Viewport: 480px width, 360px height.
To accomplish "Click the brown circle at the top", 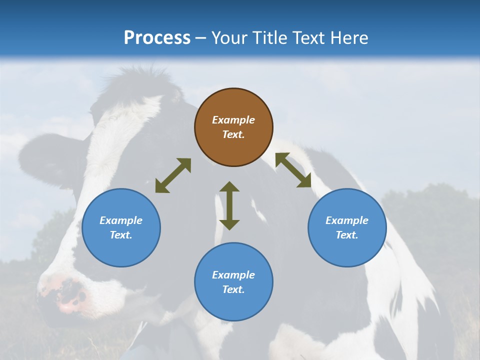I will coord(233,127).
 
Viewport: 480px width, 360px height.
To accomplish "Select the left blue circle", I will coord(121,227).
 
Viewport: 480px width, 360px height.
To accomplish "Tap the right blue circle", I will coord(347,227).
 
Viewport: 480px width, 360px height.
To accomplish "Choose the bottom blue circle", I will coord(233,282).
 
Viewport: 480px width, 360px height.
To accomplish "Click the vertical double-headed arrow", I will coord(229,205).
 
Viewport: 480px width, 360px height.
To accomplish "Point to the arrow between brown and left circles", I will coord(173,175).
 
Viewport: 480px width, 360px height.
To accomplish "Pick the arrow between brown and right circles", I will coord(293,170).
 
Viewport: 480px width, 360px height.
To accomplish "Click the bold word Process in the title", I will coord(157,37).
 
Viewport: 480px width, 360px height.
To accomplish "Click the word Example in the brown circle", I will coord(233,120).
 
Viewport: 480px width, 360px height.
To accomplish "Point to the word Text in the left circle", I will coord(121,235).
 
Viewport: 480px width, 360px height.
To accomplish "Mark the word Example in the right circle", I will coord(347,220).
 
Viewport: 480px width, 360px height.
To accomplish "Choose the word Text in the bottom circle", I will coord(233,289).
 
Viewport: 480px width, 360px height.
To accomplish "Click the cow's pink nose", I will coord(67,295).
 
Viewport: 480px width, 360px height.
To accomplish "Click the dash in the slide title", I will coord(201,38).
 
